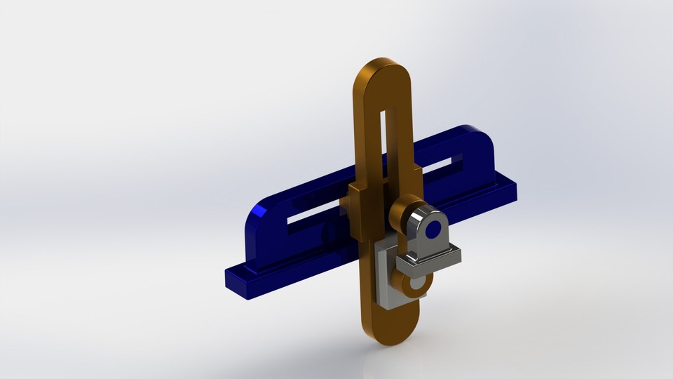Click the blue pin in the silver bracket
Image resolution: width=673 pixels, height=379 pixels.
click(x=433, y=230)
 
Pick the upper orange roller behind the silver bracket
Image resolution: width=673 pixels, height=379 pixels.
click(x=403, y=211)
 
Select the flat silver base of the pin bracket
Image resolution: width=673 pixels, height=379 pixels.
click(x=428, y=259)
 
